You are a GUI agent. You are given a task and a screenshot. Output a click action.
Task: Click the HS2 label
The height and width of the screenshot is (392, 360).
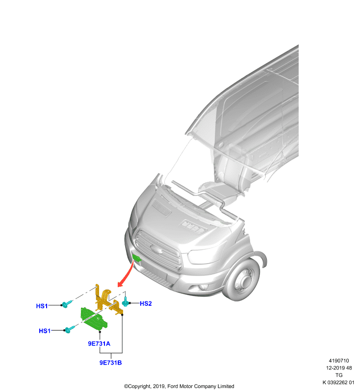tap(146, 303)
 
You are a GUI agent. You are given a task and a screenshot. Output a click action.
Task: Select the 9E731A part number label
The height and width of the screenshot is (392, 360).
tap(99, 344)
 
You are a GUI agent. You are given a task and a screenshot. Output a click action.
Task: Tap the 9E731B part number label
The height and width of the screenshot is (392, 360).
tap(110, 363)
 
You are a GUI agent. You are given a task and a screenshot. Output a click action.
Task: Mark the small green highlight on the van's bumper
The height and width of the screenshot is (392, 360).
tap(137, 258)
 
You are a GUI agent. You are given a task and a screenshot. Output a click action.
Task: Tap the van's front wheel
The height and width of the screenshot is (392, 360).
tap(242, 279)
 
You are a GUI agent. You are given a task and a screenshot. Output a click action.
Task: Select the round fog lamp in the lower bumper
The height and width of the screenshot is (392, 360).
tap(202, 288)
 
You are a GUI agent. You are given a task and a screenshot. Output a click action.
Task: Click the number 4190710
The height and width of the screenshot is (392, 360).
tap(338, 361)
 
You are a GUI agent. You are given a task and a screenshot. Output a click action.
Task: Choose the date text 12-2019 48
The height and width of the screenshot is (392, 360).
tap(339, 368)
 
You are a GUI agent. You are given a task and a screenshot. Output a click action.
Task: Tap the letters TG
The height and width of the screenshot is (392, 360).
tap(339, 375)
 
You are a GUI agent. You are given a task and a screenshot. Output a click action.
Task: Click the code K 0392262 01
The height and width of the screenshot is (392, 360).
tap(338, 383)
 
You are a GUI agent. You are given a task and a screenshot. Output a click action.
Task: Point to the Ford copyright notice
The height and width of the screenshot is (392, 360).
tap(179, 386)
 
